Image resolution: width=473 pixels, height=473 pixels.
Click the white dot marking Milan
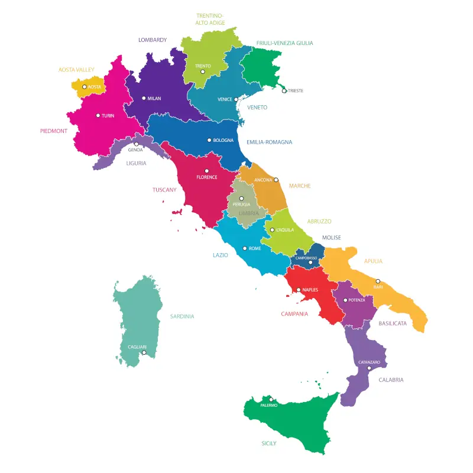(x=144, y=99)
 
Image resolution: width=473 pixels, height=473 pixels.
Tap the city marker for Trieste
(x=284, y=90)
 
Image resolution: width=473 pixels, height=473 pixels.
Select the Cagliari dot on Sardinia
(x=144, y=352)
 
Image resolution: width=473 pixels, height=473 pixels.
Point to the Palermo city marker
(x=271, y=400)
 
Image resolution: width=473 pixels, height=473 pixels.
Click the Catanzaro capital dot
(x=370, y=368)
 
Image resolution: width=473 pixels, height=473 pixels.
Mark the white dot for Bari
(x=378, y=281)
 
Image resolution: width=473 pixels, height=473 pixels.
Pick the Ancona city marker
(x=276, y=180)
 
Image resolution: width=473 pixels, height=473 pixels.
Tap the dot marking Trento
(x=203, y=72)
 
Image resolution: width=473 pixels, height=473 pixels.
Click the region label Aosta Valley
(x=76, y=70)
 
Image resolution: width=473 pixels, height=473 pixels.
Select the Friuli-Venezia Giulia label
(x=285, y=43)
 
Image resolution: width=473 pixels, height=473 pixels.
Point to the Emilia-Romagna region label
(x=269, y=142)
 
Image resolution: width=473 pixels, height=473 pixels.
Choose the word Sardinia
(x=182, y=316)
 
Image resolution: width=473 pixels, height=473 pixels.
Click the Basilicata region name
(x=393, y=323)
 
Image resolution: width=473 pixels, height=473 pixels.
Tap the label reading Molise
(x=332, y=238)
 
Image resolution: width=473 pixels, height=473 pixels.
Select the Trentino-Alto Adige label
(x=210, y=20)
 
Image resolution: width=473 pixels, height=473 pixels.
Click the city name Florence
(x=207, y=177)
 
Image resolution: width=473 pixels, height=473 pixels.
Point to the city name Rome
(x=255, y=249)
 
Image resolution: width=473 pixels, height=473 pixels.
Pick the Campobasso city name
(x=307, y=258)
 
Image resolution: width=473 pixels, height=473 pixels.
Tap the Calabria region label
(x=391, y=380)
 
